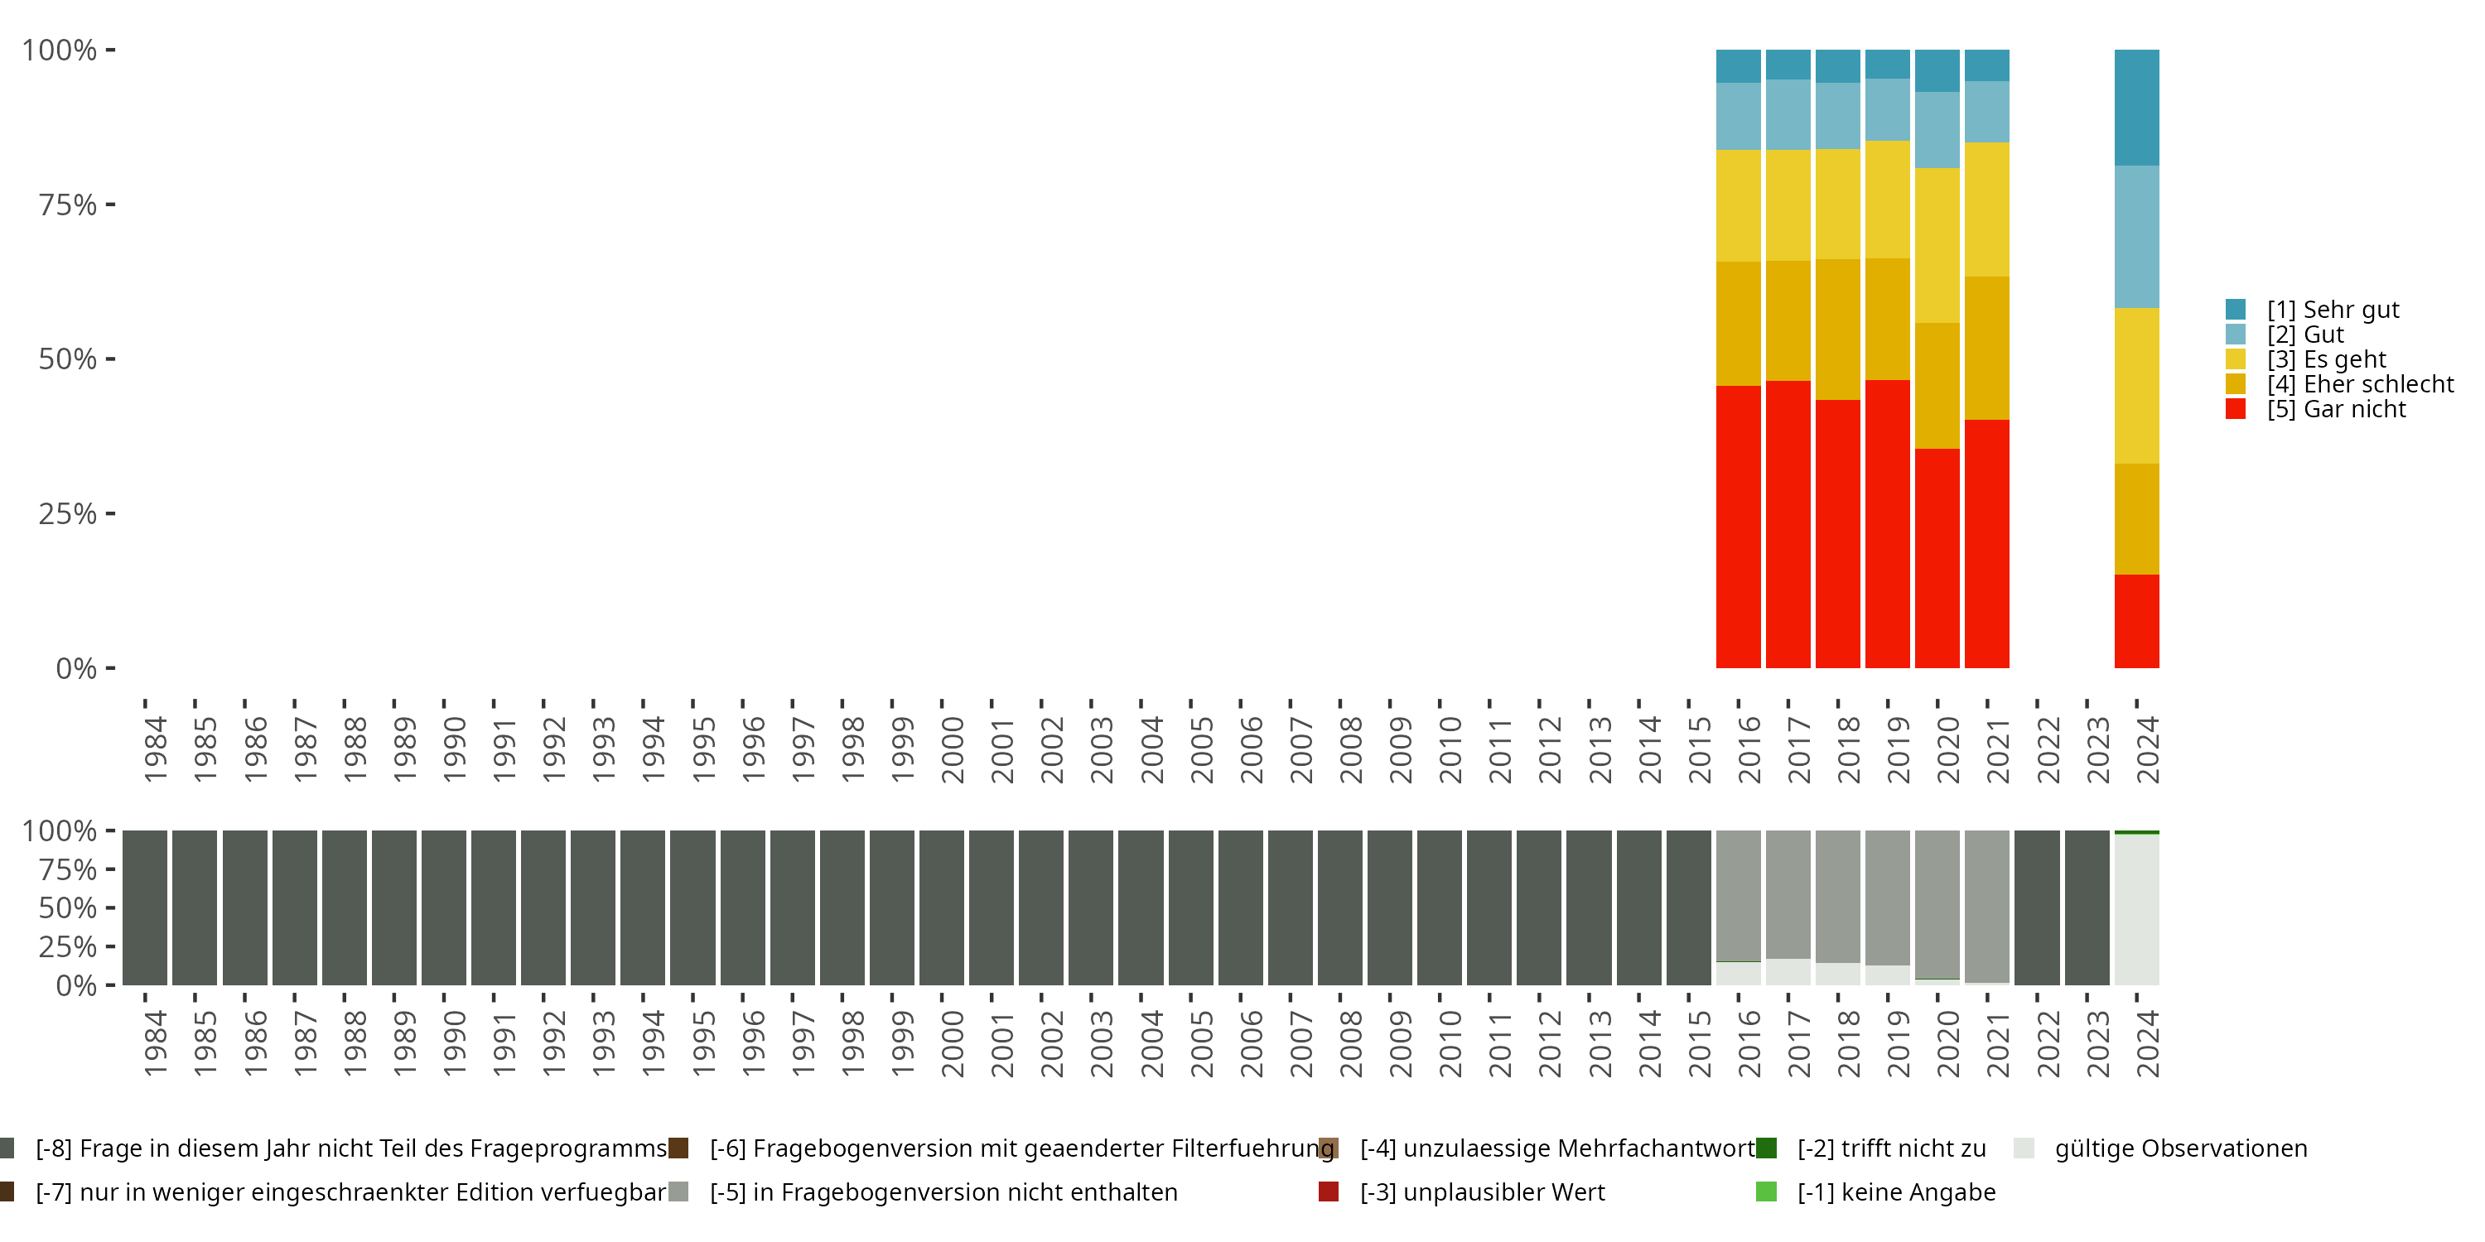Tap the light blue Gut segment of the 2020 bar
click(x=1937, y=130)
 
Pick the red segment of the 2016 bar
click(x=1739, y=527)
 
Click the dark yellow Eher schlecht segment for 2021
click(x=1986, y=348)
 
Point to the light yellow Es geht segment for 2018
click(x=1838, y=204)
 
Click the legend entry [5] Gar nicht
click(x=2335, y=409)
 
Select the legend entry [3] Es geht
click(x=2326, y=359)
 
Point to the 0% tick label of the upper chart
click(x=76, y=668)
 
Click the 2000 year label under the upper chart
click(x=952, y=750)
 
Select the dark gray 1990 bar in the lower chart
click(x=444, y=907)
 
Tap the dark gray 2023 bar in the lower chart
click(x=2087, y=907)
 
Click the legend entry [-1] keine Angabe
click(x=1895, y=1191)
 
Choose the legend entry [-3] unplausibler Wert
click(x=1482, y=1191)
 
